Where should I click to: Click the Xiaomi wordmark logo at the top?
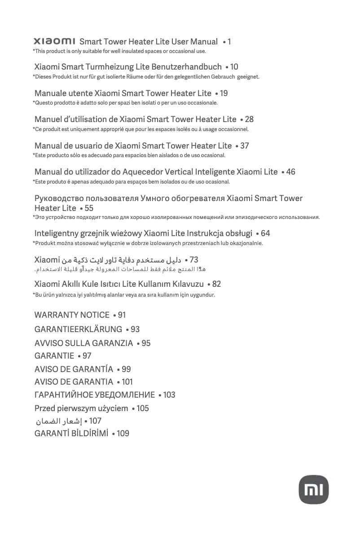[x=54, y=42]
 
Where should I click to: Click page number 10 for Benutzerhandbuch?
[x=234, y=67]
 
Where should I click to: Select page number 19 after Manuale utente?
[x=224, y=93]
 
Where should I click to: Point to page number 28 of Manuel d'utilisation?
[x=249, y=119]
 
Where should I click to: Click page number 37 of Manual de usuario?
[x=245, y=146]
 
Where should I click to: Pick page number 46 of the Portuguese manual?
[x=290, y=172]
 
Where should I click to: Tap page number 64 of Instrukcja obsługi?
[x=265, y=233]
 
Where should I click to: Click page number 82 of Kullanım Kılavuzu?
[x=216, y=284]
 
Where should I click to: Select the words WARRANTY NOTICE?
[x=72, y=315]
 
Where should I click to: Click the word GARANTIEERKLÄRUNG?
[x=78, y=329]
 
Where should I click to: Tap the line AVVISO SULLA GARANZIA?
[x=83, y=343]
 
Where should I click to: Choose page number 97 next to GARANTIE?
[x=87, y=356]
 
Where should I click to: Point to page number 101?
[x=127, y=382]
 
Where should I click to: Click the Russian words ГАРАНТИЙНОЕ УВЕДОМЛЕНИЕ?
[x=95, y=395]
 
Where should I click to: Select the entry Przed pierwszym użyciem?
[x=81, y=408]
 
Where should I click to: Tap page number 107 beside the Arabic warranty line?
[x=95, y=421]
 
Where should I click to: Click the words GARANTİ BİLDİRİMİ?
[x=71, y=434]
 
